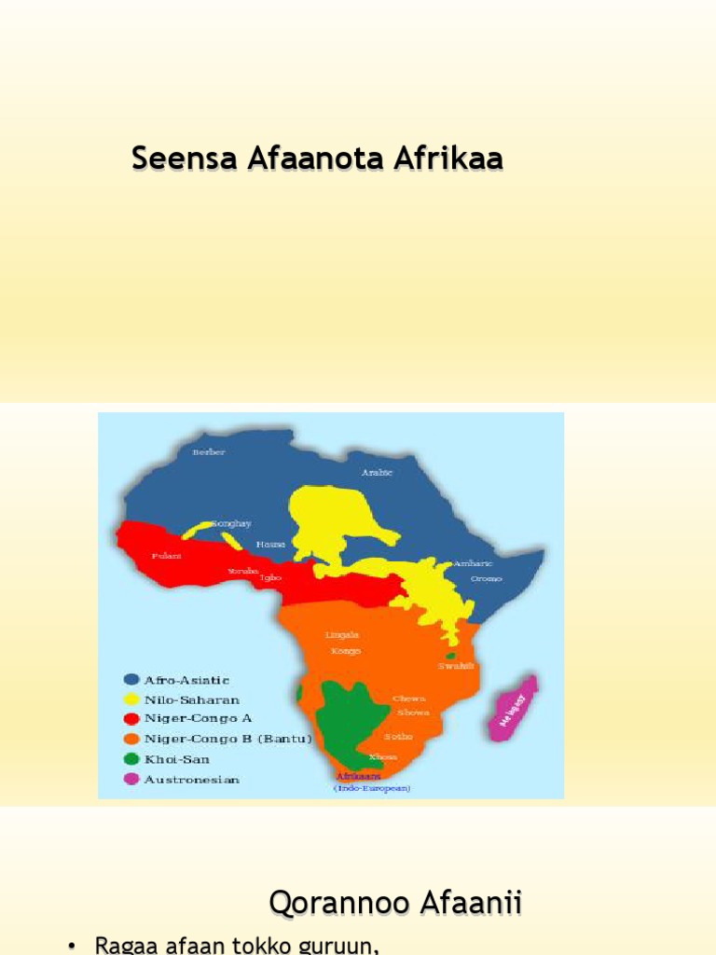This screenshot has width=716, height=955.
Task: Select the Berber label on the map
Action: coord(209,452)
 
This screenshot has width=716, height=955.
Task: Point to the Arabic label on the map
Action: coord(377,473)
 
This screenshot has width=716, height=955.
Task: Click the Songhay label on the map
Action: coord(232,523)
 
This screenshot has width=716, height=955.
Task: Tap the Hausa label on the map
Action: coord(270,543)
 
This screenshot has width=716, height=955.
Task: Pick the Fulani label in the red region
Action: coord(166,556)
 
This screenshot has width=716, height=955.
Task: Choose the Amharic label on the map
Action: coord(473,563)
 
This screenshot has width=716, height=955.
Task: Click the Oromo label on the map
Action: coord(486,578)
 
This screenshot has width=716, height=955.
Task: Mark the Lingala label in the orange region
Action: coord(342,635)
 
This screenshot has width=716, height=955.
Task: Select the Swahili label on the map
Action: coord(456,666)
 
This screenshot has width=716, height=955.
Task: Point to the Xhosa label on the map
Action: coord(382,756)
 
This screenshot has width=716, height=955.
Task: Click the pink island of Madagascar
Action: coord(513,708)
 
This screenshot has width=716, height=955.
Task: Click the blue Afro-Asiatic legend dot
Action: coord(131,680)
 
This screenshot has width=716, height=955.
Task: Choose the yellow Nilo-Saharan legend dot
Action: coord(131,699)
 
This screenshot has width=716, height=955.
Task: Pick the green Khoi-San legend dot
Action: coord(131,759)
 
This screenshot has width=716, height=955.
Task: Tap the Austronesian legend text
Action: coord(191,780)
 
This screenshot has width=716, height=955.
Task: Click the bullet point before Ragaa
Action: coord(72,946)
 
